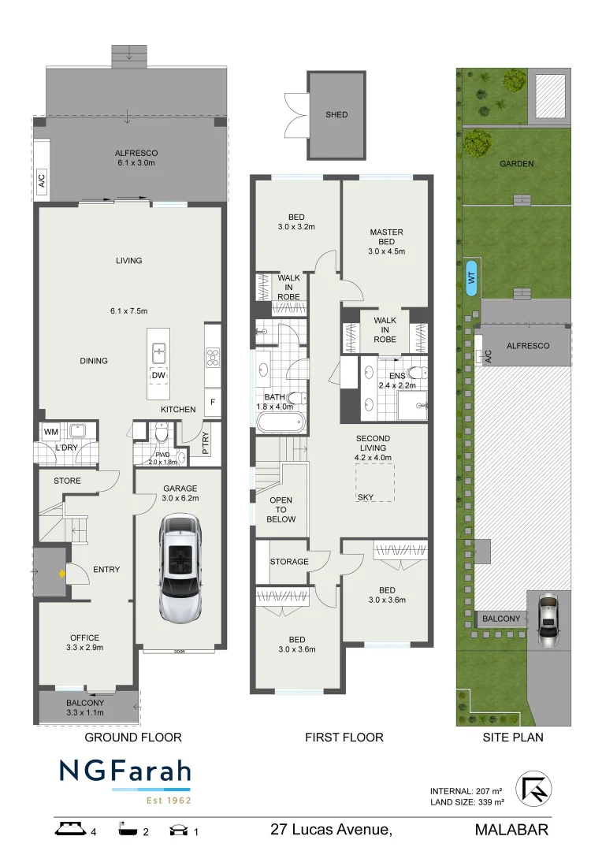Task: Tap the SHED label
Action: [x=336, y=115]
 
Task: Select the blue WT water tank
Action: [x=471, y=277]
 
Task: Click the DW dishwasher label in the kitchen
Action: [x=158, y=375]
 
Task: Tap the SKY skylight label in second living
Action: [x=366, y=497]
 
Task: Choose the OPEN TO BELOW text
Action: [x=281, y=510]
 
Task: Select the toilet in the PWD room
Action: [x=161, y=433]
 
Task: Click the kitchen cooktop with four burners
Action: [x=213, y=359]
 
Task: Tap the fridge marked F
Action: [x=212, y=401]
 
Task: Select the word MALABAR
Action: [x=511, y=830]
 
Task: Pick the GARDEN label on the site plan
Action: [x=516, y=164]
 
